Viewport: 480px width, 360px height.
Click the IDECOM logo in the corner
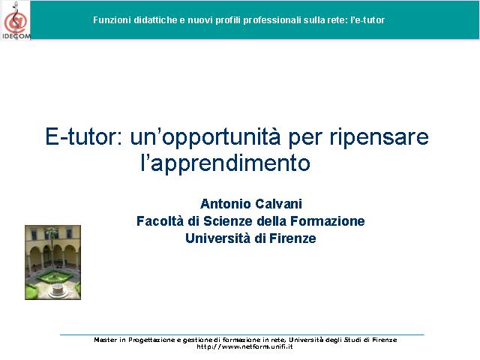pos(16,20)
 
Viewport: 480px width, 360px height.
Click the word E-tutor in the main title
pos(84,136)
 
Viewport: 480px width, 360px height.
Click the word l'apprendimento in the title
pos(226,163)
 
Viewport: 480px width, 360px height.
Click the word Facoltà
pos(160,221)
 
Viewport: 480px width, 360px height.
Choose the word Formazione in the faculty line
pos(327,221)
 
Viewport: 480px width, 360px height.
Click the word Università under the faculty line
pos(217,238)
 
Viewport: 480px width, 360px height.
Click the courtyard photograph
pos(53,262)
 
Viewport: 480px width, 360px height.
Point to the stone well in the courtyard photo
pos(57,290)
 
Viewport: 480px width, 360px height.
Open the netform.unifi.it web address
pos(244,346)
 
